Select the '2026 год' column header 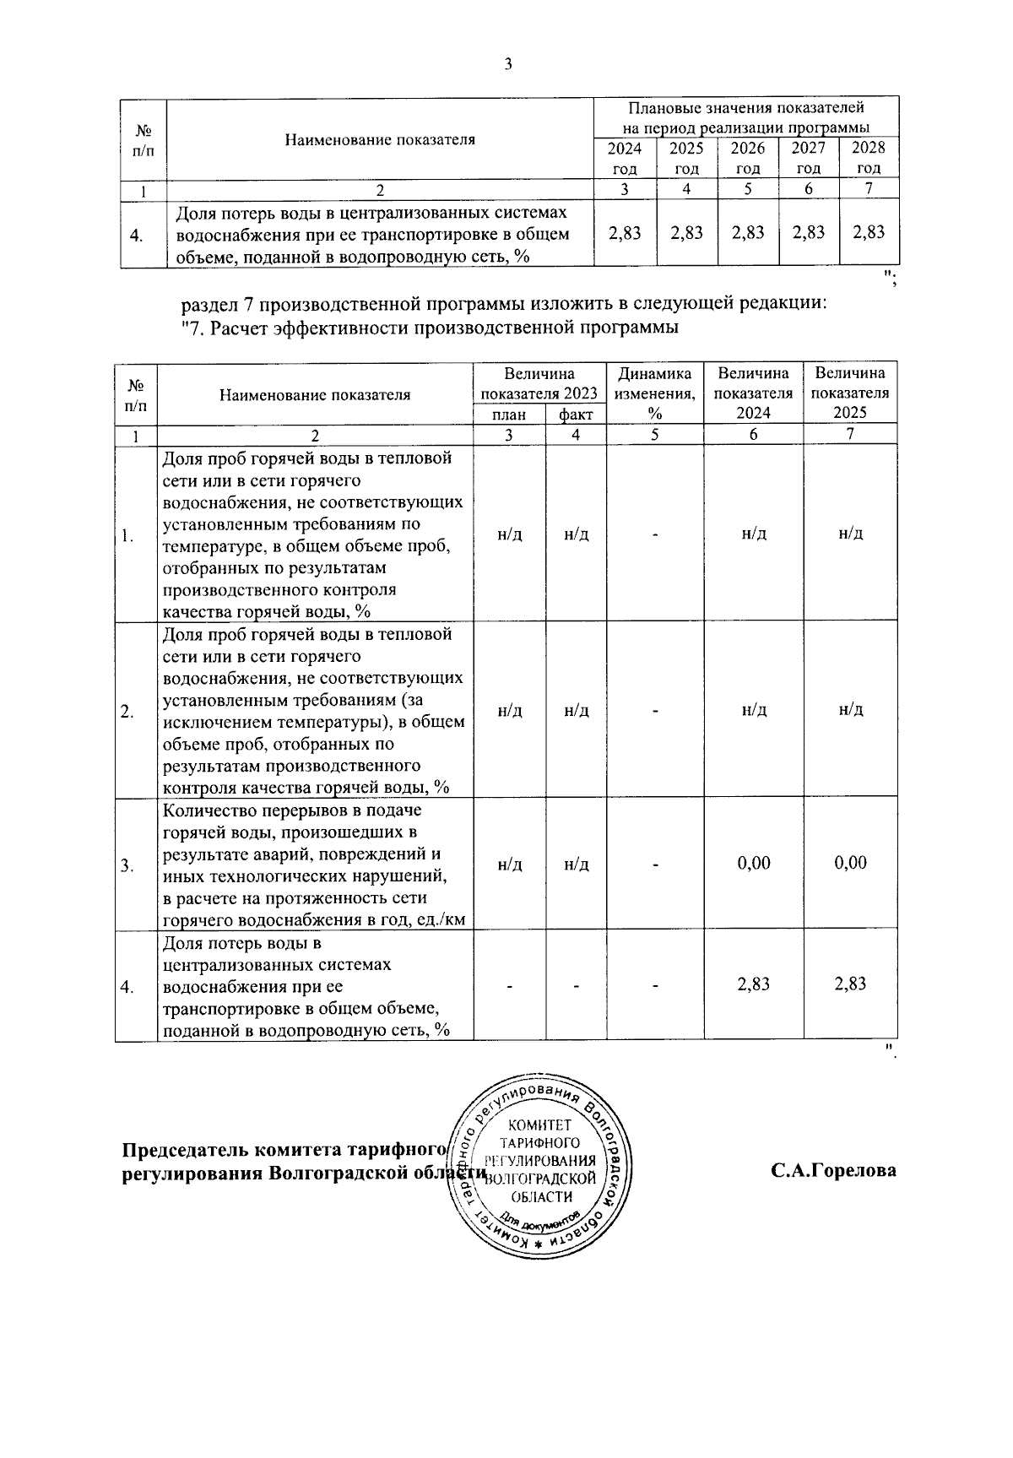point(747,158)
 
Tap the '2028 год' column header point(869,158)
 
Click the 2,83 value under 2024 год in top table point(624,233)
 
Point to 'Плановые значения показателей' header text point(745,108)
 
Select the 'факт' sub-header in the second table point(576,415)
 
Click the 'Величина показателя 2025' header point(850,393)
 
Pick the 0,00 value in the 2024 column point(754,863)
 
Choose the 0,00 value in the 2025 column point(850,863)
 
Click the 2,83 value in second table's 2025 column point(851,984)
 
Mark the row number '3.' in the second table point(126,865)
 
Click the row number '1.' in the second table point(126,536)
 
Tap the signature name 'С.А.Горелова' point(832,1172)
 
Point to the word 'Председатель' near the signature point(181,1150)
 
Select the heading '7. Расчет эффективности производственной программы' point(431,328)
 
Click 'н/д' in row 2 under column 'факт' point(577,711)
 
